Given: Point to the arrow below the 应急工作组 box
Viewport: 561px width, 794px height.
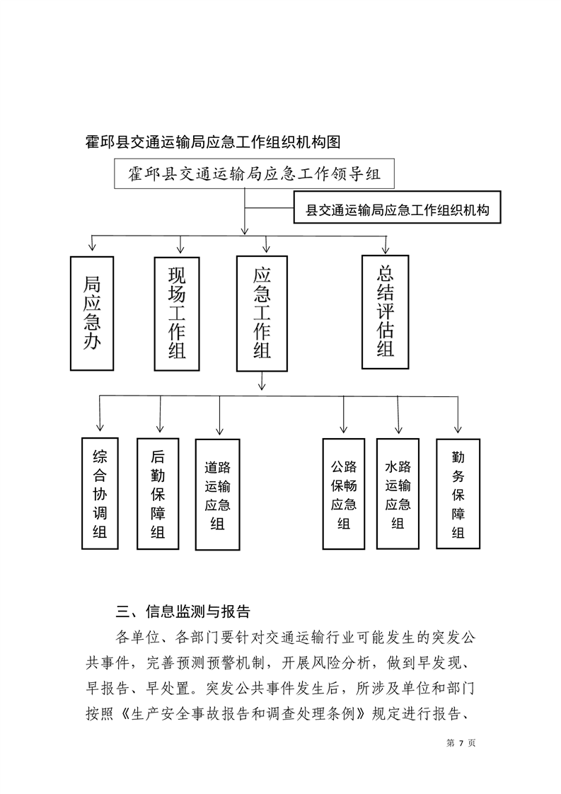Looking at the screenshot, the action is pyautogui.click(x=262, y=381).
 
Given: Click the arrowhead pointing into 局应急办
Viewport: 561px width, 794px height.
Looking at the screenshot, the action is pyautogui.click(x=92, y=247).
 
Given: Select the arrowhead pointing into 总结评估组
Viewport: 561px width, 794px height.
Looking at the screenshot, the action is pyautogui.click(x=386, y=249).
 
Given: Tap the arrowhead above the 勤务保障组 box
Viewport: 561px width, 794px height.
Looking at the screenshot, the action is pyautogui.click(x=458, y=428).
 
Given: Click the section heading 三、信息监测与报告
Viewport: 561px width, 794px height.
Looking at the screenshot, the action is pyautogui.click(x=183, y=611).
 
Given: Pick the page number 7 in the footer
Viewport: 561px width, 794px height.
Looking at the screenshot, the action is pyautogui.click(x=461, y=743).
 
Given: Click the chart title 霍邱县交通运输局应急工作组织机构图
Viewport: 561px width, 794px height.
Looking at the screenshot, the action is pyautogui.click(x=213, y=142).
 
